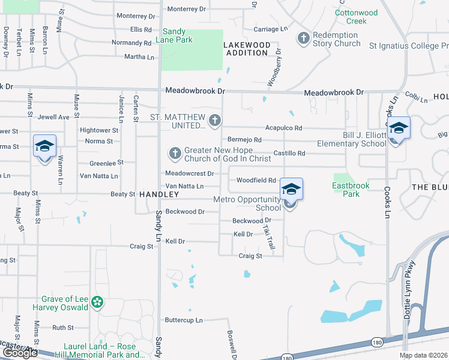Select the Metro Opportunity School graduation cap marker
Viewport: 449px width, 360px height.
(291, 190)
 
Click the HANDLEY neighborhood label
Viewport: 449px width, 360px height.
(158, 195)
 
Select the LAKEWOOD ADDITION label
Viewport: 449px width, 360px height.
(247, 49)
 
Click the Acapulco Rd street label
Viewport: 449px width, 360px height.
(283, 128)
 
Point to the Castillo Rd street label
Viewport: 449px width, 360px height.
(289, 154)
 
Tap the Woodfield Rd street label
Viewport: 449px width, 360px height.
(256, 180)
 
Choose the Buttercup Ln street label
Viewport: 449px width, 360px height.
(184, 320)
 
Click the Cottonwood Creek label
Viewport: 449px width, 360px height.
(357, 17)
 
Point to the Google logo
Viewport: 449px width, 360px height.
(19, 353)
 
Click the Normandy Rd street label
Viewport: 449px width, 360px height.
(131, 43)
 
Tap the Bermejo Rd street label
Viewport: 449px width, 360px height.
(244, 140)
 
